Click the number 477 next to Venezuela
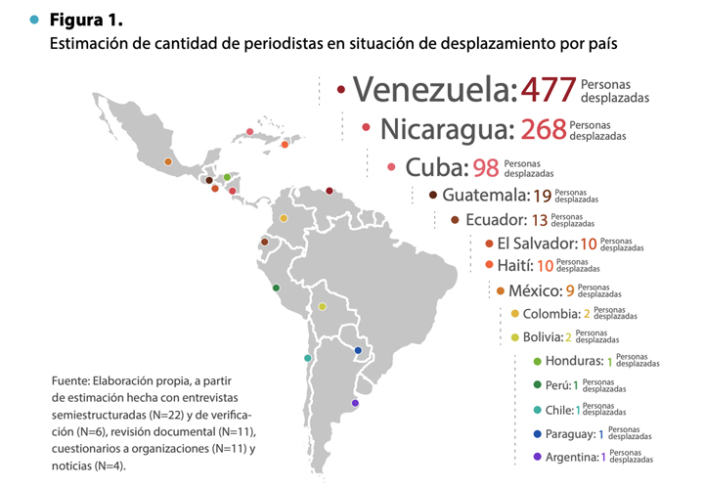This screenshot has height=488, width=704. click(549, 89)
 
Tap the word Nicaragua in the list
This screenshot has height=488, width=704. click(447, 129)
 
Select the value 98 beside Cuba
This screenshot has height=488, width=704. click(485, 168)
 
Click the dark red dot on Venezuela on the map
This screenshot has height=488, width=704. click(330, 191)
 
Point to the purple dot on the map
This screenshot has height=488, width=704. click(355, 403)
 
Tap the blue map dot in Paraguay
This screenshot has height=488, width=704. click(358, 350)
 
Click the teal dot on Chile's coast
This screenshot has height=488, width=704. click(308, 358)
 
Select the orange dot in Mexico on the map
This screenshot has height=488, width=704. click(168, 161)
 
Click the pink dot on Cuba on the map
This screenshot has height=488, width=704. click(249, 132)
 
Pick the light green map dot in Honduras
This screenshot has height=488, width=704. click(227, 177)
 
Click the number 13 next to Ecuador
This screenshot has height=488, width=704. click(540, 220)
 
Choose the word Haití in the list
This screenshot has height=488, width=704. click(515, 265)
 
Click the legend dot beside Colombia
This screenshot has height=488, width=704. click(515, 313)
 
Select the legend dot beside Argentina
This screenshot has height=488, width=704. click(538, 457)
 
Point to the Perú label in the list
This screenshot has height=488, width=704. click(558, 385)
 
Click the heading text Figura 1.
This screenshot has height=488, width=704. click(86, 20)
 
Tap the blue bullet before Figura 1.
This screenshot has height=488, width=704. click(34, 20)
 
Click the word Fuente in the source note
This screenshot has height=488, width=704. click(71, 380)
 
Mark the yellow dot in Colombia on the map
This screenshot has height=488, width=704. click(284, 218)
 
